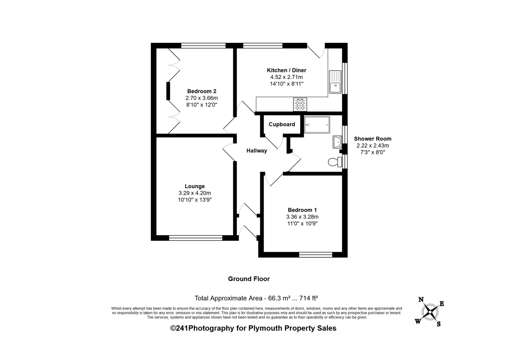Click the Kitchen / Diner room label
286,70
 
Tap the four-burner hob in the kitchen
300,104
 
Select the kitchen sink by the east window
335,82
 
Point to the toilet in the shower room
335,162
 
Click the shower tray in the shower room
317,125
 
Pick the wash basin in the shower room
337,142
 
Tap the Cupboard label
282,124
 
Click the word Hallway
257,151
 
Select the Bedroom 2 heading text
202,91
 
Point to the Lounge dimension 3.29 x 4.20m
195,193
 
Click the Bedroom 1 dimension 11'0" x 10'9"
302,223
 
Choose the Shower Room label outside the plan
373,139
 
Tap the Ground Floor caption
249,279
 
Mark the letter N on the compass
421,299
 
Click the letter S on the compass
439,324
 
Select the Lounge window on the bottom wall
196,238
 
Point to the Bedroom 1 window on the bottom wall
316,255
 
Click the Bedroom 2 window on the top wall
203,46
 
